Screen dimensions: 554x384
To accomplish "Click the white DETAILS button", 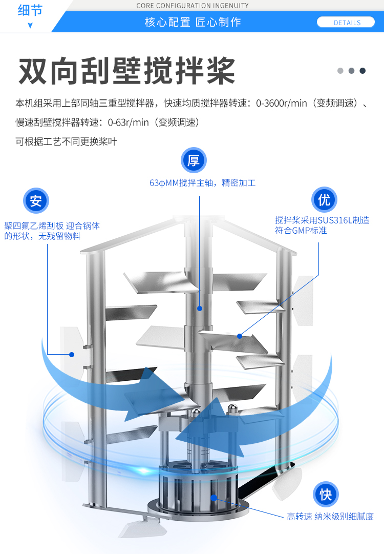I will point(347,23).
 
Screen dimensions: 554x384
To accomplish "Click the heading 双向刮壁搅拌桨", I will point(127,71).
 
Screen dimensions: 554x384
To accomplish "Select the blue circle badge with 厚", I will point(194,160).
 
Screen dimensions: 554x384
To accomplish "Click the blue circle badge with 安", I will point(35,200).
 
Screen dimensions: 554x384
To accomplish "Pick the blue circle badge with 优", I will point(324,200).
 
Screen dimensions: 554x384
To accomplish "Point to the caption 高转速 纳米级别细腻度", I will point(330,517).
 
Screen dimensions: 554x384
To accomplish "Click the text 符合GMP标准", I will point(301,231).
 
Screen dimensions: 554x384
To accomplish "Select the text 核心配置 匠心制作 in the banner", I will point(193,23).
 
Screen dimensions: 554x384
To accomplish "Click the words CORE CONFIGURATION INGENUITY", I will point(193,6).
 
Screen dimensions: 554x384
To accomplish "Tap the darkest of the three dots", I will point(362,71).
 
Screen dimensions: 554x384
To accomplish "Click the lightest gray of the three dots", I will point(340,71).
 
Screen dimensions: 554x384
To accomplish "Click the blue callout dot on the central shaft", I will point(200,309).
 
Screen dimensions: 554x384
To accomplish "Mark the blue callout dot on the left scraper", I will point(72,354).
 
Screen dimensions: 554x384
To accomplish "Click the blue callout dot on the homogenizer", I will point(214,497).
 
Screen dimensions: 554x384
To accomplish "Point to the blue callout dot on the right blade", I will point(239,336).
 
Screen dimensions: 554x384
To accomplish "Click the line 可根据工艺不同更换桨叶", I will point(66,141).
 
